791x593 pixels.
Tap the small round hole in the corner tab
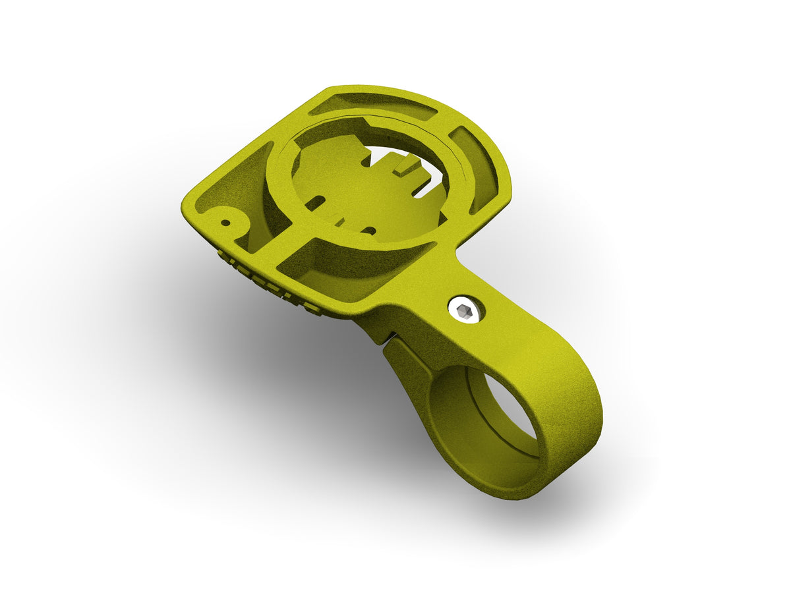pos(225,223)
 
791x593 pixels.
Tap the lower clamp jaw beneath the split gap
pos(405,369)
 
